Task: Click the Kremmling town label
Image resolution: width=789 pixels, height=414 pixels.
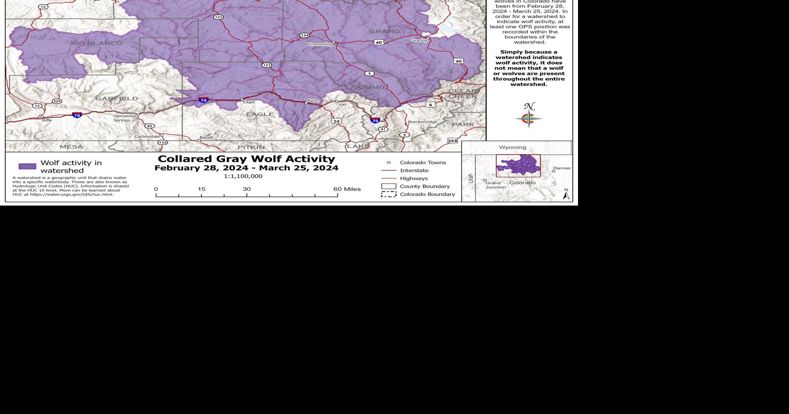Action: pos(320,44)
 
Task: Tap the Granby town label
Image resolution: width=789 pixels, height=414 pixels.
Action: pos(419,40)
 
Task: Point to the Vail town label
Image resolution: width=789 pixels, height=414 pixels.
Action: pos(342,104)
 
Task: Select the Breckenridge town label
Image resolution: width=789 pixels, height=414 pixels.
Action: pos(422,122)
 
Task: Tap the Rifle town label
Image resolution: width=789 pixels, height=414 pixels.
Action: pos(47,120)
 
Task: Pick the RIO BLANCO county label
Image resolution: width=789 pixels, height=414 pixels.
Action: pos(96,43)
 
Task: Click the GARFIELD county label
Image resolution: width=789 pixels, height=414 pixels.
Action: pos(117,99)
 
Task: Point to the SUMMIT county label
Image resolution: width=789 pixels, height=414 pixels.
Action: pos(369,87)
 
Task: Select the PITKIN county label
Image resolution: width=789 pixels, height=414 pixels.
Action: pos(251,147)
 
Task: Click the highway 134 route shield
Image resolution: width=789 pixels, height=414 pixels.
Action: pos(304,35)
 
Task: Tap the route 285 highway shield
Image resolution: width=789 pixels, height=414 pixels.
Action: pos(452,141)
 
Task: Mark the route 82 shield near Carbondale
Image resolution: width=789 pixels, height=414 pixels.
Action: pos(150,126)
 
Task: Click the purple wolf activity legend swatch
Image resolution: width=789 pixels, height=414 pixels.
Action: pos(27,167)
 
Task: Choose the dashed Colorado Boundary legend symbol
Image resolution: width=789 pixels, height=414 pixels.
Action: pos(389,194)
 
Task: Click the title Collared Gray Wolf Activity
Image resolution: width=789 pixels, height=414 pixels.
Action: pos(246,159)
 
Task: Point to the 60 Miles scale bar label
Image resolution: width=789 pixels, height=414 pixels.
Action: pos(347,189)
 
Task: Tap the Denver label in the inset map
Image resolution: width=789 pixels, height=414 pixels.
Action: pos(562,168)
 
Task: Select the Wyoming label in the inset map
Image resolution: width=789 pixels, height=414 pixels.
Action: pos(513,147)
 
